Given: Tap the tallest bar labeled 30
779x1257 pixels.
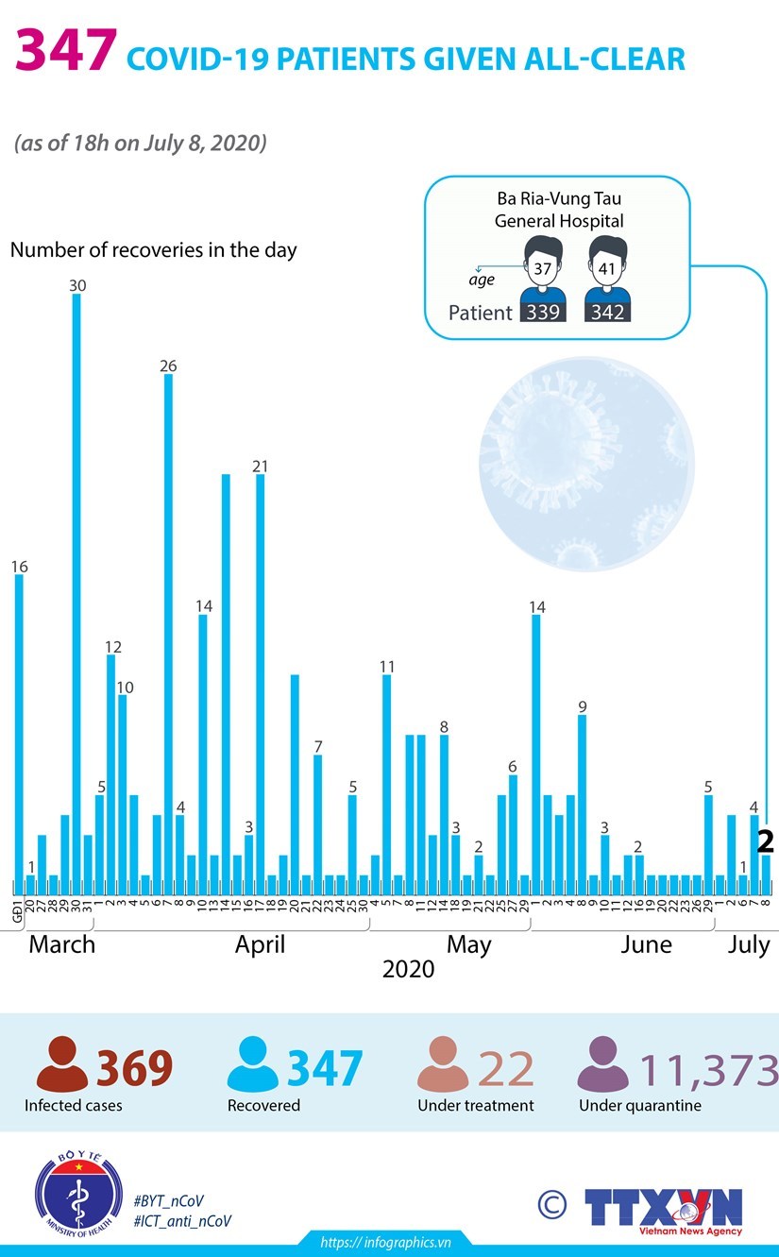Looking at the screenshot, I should point(76,586).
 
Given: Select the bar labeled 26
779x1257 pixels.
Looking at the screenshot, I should point(168,623).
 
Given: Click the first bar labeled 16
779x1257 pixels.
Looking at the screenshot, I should point(19,727).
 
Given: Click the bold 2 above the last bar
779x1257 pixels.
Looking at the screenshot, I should point(767,841).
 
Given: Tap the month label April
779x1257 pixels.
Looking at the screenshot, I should point(260,945).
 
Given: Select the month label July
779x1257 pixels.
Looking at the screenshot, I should point(749,945).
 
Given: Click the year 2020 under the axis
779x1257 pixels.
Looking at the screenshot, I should point(408,969).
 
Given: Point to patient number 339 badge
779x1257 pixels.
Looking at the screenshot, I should point(543,312).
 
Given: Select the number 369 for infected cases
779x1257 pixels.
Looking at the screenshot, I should point(134,1068).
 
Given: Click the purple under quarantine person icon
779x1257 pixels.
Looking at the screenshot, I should point(602,1065).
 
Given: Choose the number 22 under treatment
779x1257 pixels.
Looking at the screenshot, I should point(506,1068).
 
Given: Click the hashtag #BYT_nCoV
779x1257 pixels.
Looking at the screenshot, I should point(168,1200).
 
